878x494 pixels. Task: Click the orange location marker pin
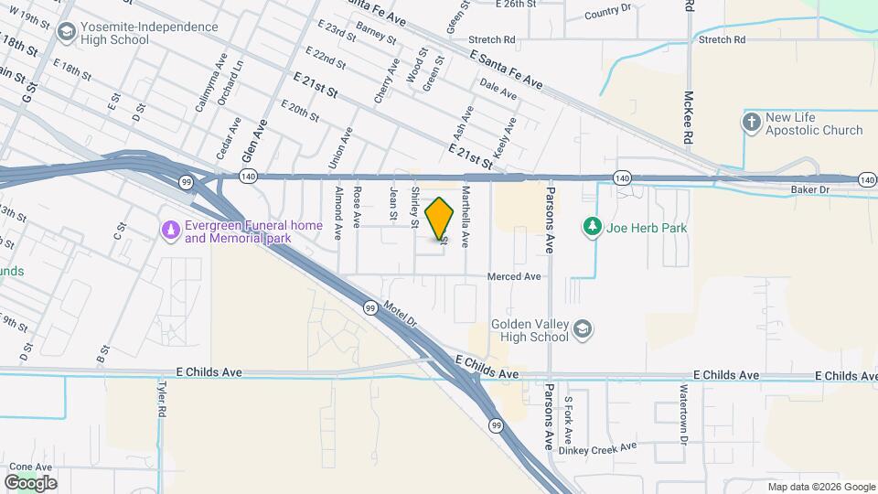440,219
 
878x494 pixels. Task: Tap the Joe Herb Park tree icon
593,226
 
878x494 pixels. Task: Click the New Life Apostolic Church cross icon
751,123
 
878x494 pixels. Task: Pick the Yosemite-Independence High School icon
66,33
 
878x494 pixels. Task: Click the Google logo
30,482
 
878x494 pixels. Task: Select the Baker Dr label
809,190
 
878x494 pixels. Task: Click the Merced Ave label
514,276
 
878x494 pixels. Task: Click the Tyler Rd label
161,400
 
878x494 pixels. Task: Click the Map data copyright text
820,487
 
